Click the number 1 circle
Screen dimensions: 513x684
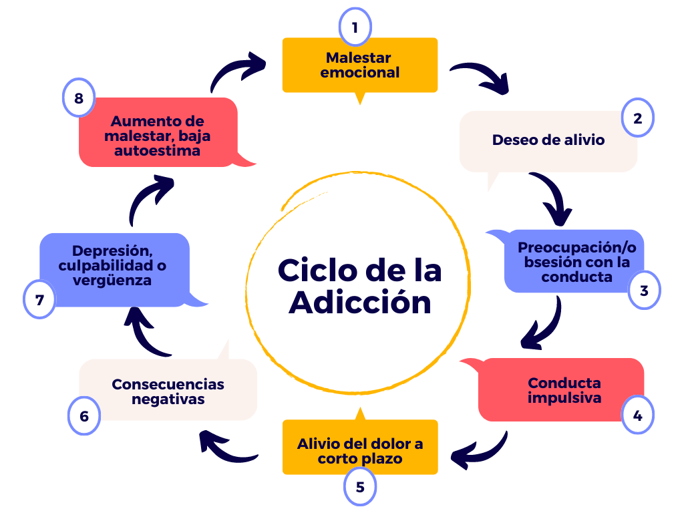(355, 27)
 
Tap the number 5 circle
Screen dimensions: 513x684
(360, 487)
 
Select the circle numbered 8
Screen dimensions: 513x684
(79, 99)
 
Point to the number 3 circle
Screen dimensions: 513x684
(644, 291)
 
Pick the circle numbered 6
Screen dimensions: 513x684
(84, 416)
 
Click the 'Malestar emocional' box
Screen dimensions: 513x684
(359, 65)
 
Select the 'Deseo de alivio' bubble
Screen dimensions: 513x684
(548, 140)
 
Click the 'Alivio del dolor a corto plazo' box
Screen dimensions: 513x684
(359, 451)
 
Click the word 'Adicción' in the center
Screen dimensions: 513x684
(360, 303)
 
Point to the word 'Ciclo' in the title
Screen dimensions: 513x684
(317, 271)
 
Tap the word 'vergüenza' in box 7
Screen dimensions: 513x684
(113, 281)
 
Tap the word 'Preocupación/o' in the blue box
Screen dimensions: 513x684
(577, 247)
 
